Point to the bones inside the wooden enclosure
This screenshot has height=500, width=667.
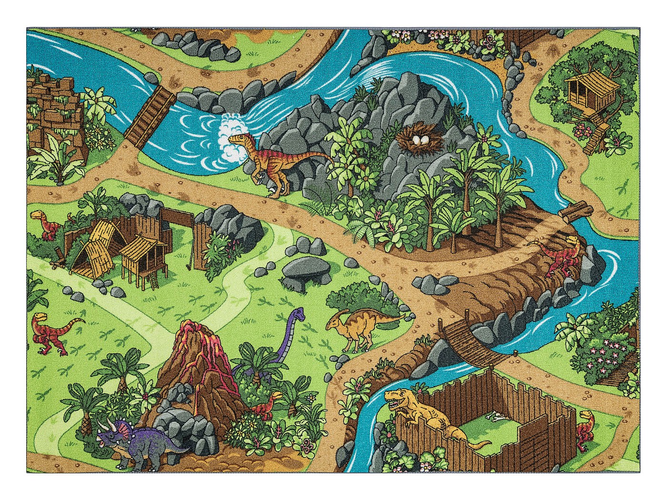pyautogui.click(x=495, y=419)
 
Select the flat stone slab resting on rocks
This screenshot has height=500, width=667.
pyautogui.click(x=301, y=269)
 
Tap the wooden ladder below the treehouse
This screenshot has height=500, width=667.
pyautogui.click(x=595, y=138)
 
